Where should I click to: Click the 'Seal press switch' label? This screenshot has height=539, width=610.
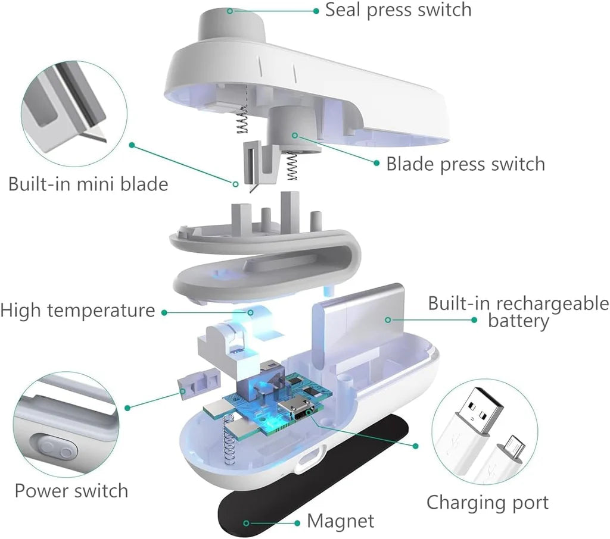(398, 10)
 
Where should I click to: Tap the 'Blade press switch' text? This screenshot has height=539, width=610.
(465, 164)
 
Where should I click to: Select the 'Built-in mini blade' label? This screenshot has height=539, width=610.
(88, 184)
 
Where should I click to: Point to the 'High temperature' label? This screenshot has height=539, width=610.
(77, 311)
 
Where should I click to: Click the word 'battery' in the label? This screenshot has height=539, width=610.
(518, 322)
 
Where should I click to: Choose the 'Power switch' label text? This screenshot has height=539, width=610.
(71, 491)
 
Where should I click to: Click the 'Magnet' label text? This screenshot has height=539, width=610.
(340, 522)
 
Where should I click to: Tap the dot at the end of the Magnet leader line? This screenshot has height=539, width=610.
(245, 522)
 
